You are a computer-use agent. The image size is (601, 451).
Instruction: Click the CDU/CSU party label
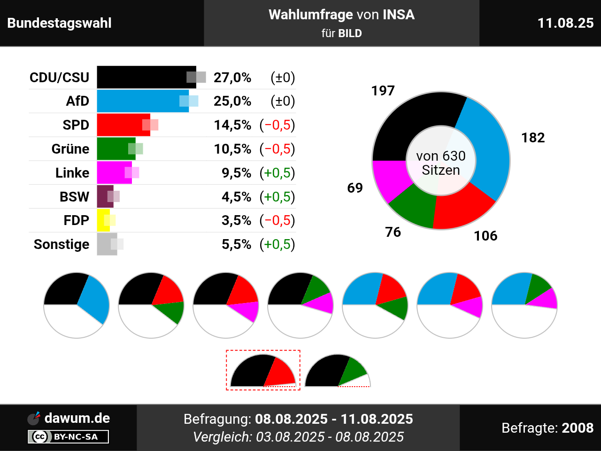60,78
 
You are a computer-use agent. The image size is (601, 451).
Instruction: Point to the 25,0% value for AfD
232,101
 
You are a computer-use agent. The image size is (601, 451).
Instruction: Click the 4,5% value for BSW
236,197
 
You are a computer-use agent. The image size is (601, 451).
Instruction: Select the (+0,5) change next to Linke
277,173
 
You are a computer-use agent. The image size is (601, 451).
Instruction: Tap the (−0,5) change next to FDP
277,220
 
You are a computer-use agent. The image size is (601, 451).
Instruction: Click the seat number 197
383,91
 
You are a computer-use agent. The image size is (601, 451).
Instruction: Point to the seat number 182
533,138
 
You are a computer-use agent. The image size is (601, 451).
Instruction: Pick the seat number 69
355,188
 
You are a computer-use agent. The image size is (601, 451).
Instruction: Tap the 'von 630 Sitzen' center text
441,163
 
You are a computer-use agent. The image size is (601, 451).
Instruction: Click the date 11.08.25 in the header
565,23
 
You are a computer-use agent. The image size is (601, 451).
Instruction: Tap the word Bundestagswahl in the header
60,23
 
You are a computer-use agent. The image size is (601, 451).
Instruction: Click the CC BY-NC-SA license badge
69,436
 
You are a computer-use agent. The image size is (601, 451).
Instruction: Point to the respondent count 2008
578,428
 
